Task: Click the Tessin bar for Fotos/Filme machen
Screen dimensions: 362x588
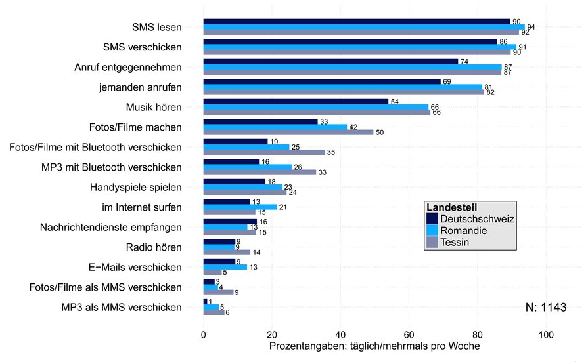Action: pyautogui.click(x=288, y=132)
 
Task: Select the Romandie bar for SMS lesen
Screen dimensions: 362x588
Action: pyautogui.click(x=364, y=27)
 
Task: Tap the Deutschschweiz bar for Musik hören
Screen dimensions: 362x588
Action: pyautogui.click(x=296, y=102)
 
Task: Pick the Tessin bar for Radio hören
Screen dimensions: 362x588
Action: pyautogui.click(x=227, y=252)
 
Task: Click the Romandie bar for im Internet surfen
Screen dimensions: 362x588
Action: pyautogui.click(x=240, y=207)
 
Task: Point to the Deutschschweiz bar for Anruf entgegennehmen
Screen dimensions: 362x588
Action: pyautogui.click(x=330, y=62)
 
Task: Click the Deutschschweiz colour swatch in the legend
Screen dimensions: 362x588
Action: pyautogui.click(x=432, y=218)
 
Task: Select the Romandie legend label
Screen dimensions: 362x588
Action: pyautogui.click(x=463, y=231)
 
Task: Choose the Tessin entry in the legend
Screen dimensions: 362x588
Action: pyautogui.click(x=455, y=243)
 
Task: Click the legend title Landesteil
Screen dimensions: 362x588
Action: pyautogui.click(x=453, y=207)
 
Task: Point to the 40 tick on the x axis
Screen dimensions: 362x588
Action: pyautogui.click(x=340, y=334)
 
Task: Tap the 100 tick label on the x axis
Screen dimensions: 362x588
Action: pyautogui.click(x=545, y=334)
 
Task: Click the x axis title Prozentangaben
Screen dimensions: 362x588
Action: pyautogui.click(x=374, y=346)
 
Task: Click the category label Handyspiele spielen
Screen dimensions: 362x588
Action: pyautogui.click(x=136, y=188)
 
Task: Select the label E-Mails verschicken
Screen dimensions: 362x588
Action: pyautogui.click(x=135, y=267)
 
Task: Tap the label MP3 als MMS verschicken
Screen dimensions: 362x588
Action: pyautogui.click(x=122, y=307)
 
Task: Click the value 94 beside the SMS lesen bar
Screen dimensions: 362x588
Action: pyautogui.click(x=531, y=27)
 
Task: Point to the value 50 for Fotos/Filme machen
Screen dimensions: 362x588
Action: pyautogui.click(x=380, y=132)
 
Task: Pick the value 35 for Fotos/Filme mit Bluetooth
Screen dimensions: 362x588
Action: pyautogui.click(x=330, y=152)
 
